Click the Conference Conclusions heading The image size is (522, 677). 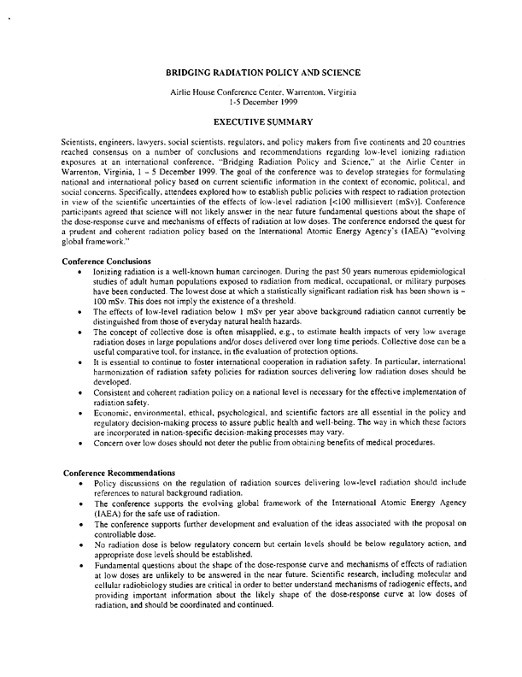[115, 260]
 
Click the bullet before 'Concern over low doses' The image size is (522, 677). [79, 456]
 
